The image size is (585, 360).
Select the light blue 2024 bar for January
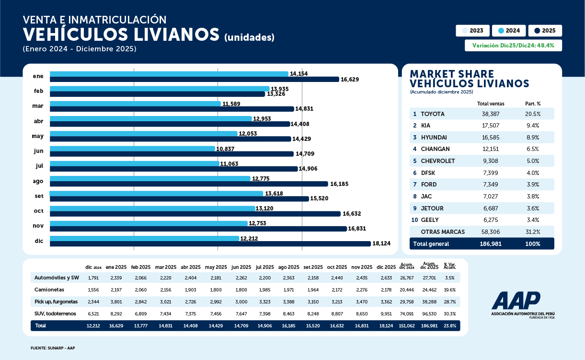tap(169, 74)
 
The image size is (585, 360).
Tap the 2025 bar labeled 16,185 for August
tap(189, 184)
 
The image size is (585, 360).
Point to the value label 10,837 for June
tap(225, 149)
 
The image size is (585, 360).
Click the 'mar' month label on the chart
tap(38, 106)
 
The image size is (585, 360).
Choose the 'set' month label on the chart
tap(39, 196)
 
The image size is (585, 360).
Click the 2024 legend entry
tap(509, 31)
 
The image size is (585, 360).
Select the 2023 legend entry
tap(472, 31)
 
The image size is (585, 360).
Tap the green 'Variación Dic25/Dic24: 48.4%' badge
tap(513, 46)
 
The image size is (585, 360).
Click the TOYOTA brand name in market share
tap(433, 114)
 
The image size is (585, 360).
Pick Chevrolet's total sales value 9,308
tap(491, 161)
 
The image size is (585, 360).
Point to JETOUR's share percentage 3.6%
tap(532, 208)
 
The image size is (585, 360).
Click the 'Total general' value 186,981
tap(491, 244)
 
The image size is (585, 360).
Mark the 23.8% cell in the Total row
tap(449, 325)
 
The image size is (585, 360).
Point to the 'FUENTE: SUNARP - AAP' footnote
tap(53, 348)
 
